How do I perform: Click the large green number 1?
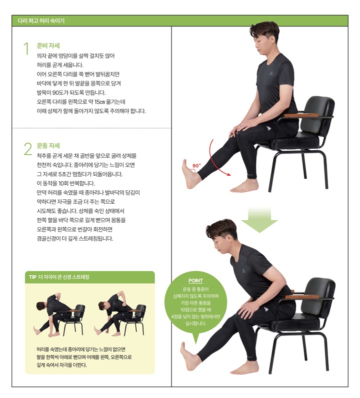coord(26,48)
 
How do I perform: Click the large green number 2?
coord(27,148)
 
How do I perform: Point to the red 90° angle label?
coord(196,165)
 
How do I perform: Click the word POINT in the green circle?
coord(195,281)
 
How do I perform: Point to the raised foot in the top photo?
coord(190,176)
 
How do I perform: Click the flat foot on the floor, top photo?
coord(245,186)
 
